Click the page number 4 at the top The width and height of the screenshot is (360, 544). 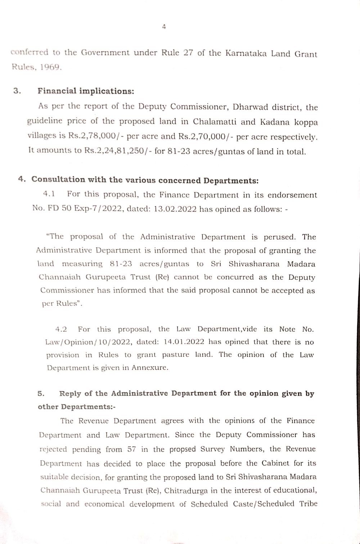(x=164, y=27)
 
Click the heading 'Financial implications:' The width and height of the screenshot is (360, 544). (x=86, y=91)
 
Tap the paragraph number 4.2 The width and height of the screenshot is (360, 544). (x=61, y=329)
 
